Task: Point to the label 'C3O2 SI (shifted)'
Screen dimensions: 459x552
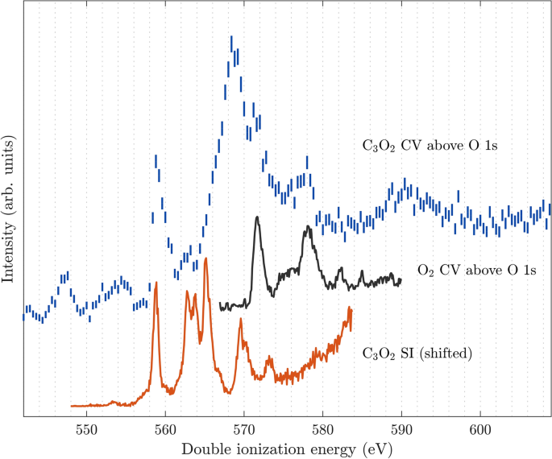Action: (417, 352)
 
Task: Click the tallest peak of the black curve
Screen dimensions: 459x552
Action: (256, 217)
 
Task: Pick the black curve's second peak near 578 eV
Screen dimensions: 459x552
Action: (307, 229)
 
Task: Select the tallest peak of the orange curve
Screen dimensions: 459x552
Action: (206, 258)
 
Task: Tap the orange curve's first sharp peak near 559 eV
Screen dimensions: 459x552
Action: (156, 283)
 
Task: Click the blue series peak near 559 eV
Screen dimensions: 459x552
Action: (156, 159)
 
